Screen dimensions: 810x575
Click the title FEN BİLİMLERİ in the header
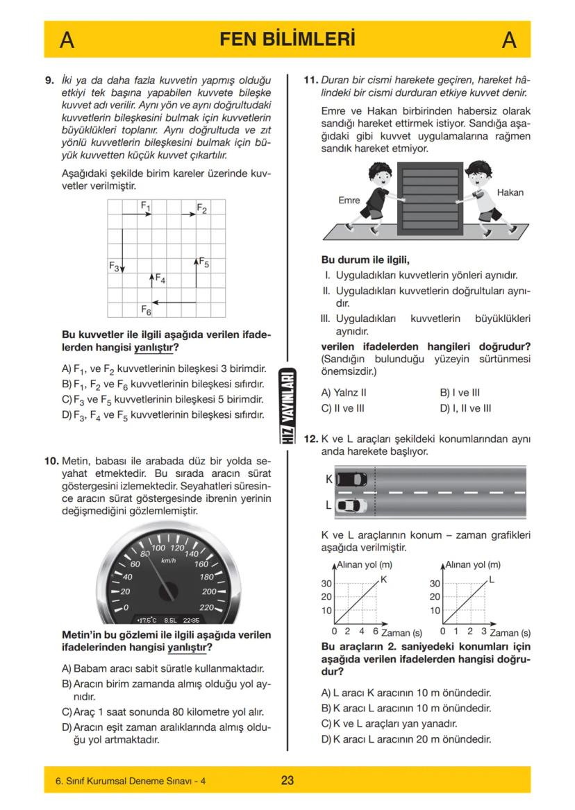287,40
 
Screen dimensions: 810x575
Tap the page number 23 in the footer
287,780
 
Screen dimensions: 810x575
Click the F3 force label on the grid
115,266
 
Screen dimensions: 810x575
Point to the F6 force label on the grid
146,309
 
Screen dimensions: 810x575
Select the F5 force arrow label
204,262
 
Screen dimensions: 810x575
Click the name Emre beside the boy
349,200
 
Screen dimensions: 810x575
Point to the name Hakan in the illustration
510,192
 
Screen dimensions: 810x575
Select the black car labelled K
351,479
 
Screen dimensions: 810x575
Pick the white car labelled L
351,505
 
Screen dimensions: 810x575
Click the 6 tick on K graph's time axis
376,632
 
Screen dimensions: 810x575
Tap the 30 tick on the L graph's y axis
435,583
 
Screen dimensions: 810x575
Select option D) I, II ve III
465,409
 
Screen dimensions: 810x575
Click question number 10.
51,460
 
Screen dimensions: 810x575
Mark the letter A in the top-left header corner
67,40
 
